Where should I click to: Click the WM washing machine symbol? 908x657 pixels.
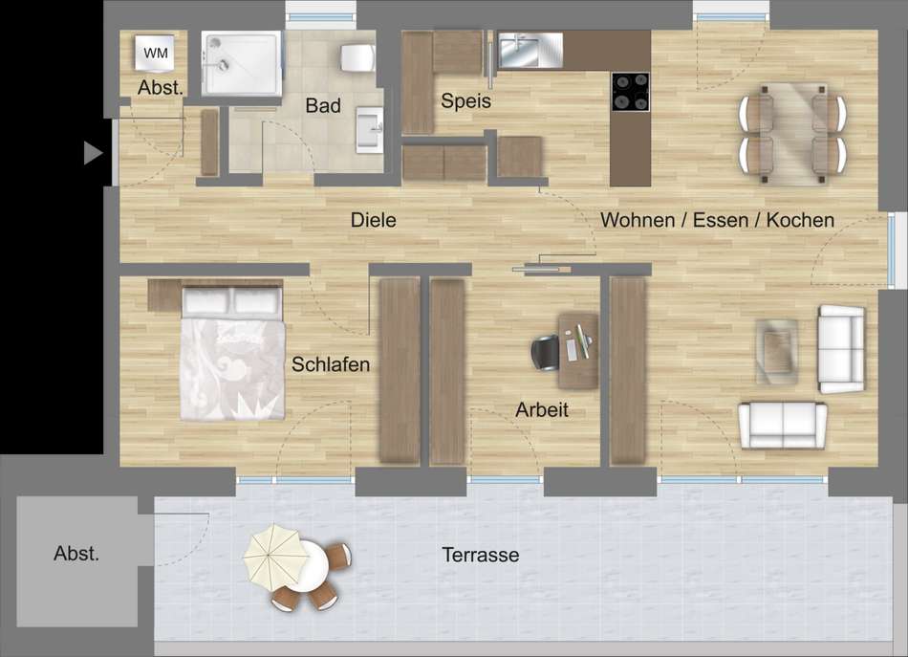click(155, 54)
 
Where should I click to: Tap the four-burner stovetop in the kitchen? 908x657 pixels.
click(631, 92)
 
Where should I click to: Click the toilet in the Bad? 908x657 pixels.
click(357, 58)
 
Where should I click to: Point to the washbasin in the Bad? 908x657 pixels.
click(370, 130)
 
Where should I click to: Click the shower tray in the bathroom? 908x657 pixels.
click(242, 63)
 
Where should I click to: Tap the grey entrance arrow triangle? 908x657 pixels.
click(93, 153)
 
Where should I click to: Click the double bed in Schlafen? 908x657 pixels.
click(233, 352)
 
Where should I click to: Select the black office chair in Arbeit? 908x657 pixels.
click(546, 352)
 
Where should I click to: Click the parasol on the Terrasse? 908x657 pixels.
click(276, 557)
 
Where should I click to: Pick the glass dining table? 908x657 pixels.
click(792, 133)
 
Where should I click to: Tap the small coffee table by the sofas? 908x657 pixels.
click(777, 351)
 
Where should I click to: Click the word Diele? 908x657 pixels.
click(374, 220)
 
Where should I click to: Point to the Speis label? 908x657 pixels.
click(465, 100)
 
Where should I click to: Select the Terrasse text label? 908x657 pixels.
click(481, 555)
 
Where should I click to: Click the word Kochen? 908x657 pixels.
click(800, 220)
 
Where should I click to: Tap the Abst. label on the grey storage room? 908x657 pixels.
click(76, 554)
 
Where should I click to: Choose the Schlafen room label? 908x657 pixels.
click(331, 364)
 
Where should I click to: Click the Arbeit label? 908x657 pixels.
click(542, 409)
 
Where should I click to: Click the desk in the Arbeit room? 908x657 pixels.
click(578, 351)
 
